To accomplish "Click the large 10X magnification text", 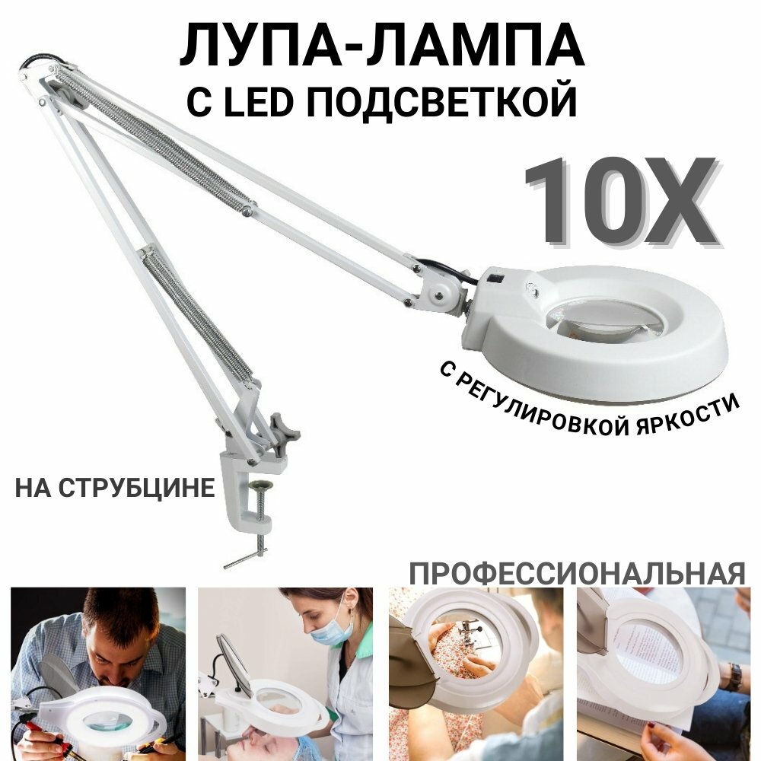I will tap(620, 202).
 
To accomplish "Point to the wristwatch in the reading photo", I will tap(732, 676).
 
